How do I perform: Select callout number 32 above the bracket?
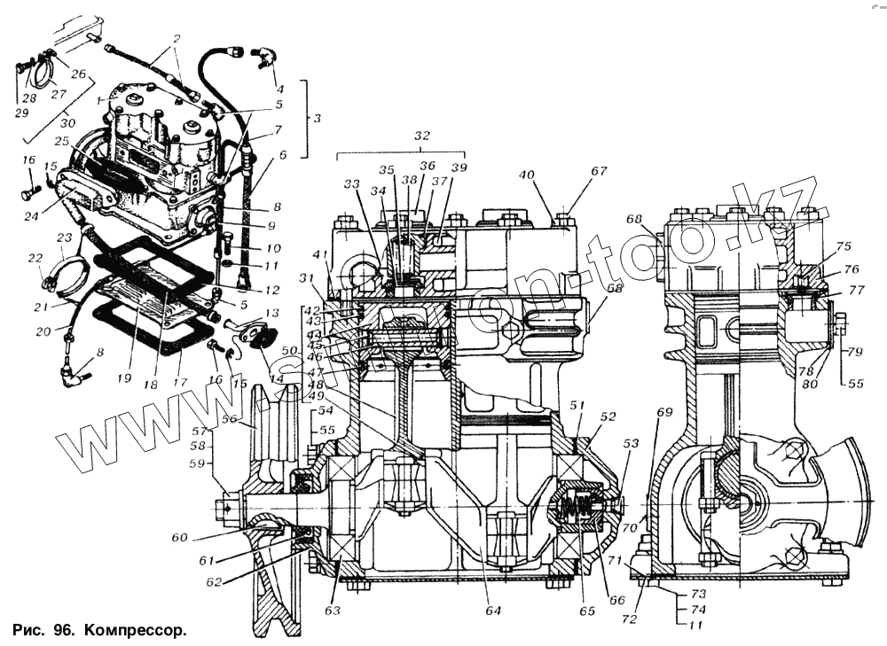point(422,137)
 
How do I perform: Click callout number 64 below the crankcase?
point(493,611)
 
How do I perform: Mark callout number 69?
point(664,412)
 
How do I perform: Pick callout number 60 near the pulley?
point(179,537)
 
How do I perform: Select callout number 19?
point(123,377)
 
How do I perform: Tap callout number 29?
point(21,113)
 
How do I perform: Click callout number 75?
point(843,247)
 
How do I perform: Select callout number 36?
point(428,166)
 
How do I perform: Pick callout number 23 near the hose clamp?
point(64,237)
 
